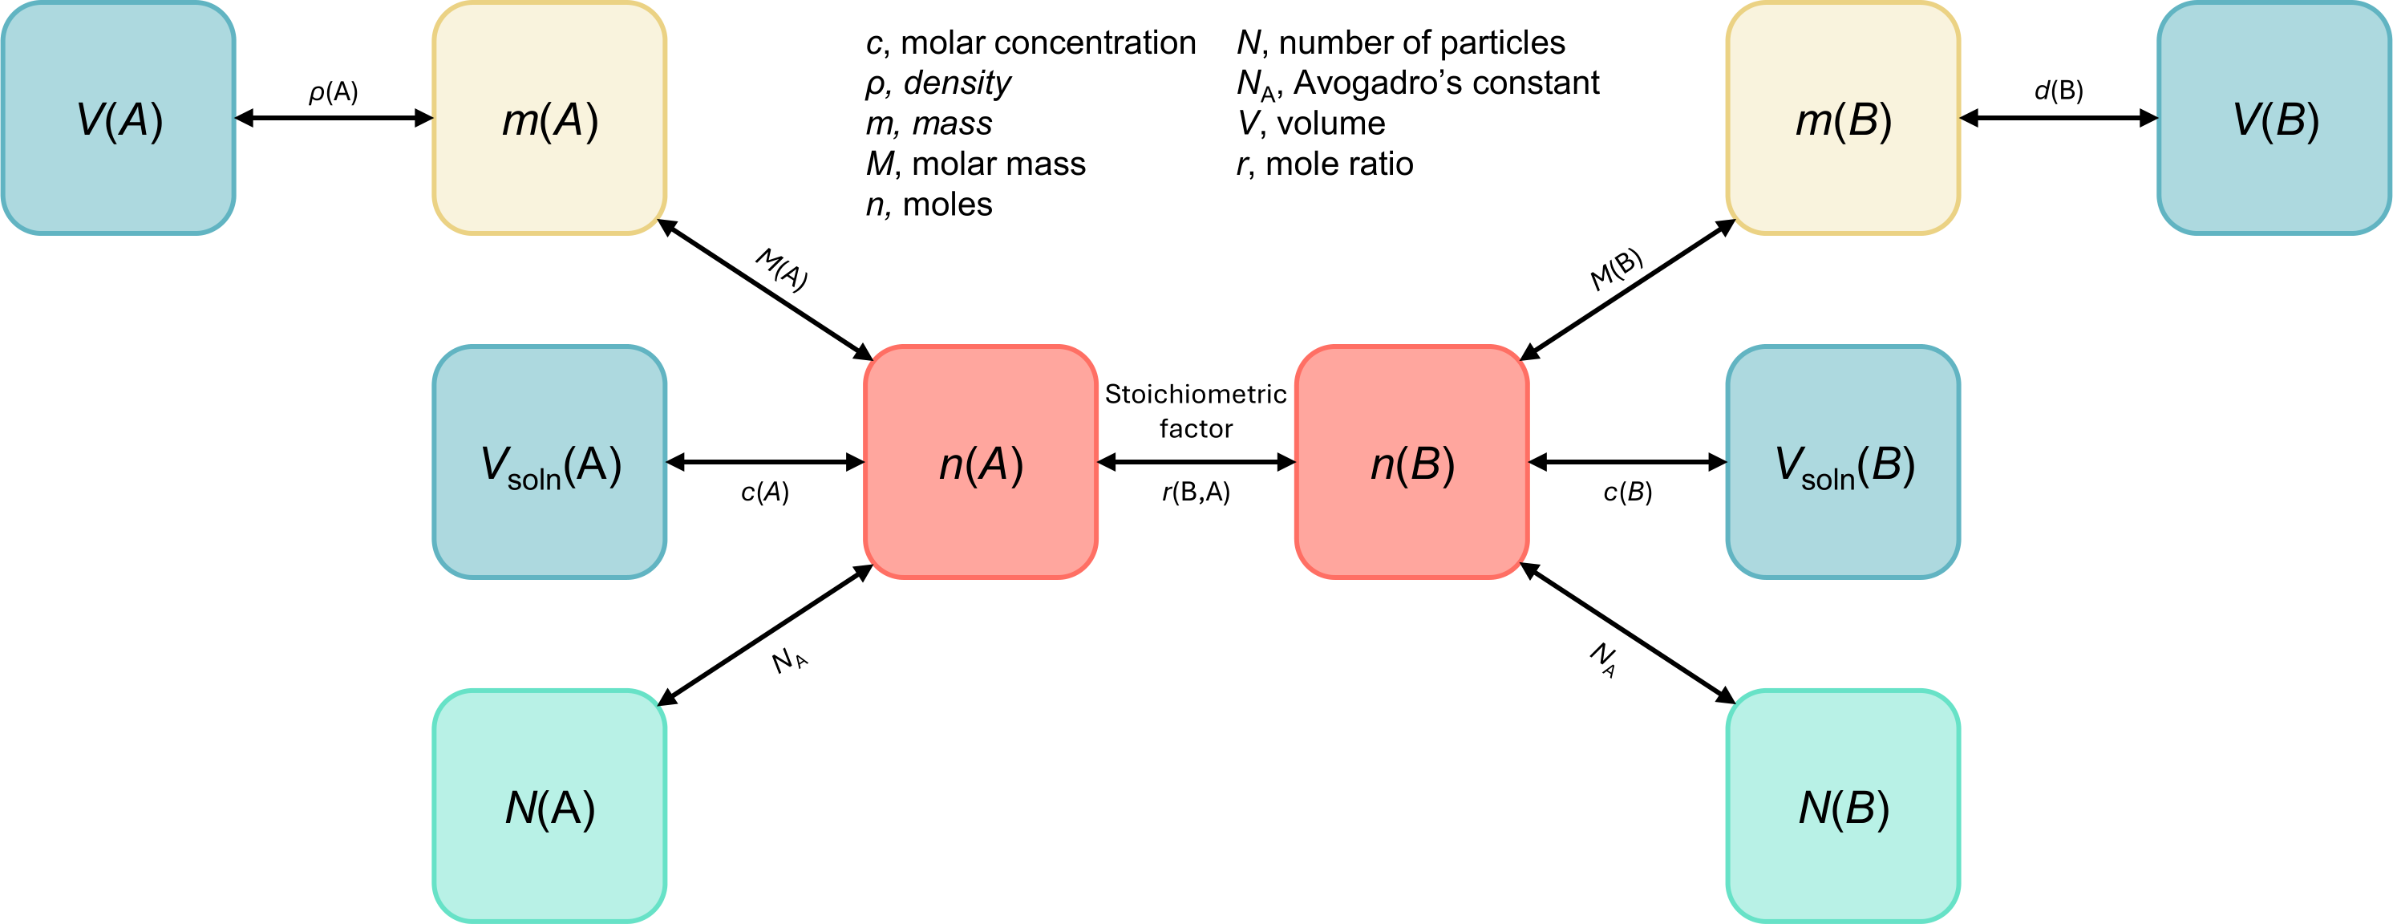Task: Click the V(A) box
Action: pos(118,118)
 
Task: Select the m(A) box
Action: pos(549,118)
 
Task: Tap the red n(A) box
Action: pos(980,462)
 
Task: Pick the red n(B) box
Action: pos(1411,462)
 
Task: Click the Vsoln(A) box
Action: pos(549,462)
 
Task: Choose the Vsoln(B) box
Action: pos(1843,462)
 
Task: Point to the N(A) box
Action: pos(549,806)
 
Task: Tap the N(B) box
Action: pos(1843,806)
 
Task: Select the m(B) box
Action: pos(1843,118)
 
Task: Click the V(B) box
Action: pos(2274,118)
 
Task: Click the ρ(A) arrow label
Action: pos(334,92)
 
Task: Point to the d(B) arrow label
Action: pos(2059,90)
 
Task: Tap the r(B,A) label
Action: pos(1196,492)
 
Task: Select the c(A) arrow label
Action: pos(764,492)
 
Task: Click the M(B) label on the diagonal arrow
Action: pos(1617,269)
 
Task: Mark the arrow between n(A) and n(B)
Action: pos(1196,462)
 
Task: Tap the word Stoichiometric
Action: pos(1196,394)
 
